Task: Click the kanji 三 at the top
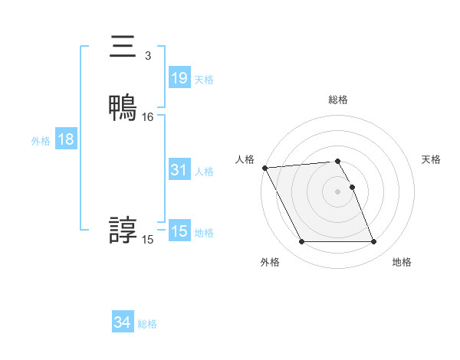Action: [123, 47]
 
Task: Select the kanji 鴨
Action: [123, 107]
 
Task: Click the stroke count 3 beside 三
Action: [148, 56]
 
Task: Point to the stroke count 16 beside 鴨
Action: [148, 117]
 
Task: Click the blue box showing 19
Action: [179, 78]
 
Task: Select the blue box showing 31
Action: [179, 171]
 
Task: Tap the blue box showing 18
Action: [65, 140]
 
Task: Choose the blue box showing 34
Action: [123, 323]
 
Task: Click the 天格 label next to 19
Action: [204, 79]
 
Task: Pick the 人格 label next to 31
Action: [204, 172]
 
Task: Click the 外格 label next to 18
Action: [41, 141]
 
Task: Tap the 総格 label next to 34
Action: [147, 324]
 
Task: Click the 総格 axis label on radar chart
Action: [338, 100]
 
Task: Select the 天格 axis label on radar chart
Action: [432, 159]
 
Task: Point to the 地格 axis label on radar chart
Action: [402, 262]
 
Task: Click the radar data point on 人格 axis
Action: [264, 168]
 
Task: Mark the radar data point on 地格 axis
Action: [373, 242]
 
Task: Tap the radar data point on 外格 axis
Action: [301, 242]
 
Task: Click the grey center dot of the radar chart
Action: [338, 191]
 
